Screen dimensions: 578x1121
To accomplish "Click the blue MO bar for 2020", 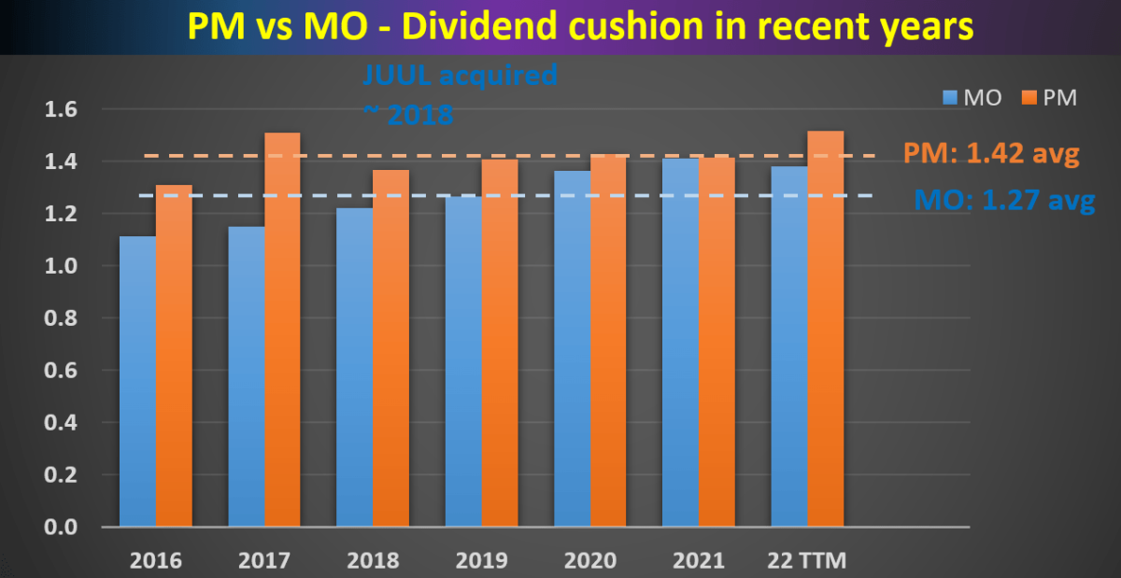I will pos(572,349).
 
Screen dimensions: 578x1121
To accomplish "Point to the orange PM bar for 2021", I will pos(717,342).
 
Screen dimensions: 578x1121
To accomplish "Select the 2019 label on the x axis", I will pos(481,560).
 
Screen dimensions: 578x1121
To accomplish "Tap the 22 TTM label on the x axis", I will pos(806,560).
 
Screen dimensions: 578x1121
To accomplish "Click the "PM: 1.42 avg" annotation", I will pos(991,154).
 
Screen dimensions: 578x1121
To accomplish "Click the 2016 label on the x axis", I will pos(156,560).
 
